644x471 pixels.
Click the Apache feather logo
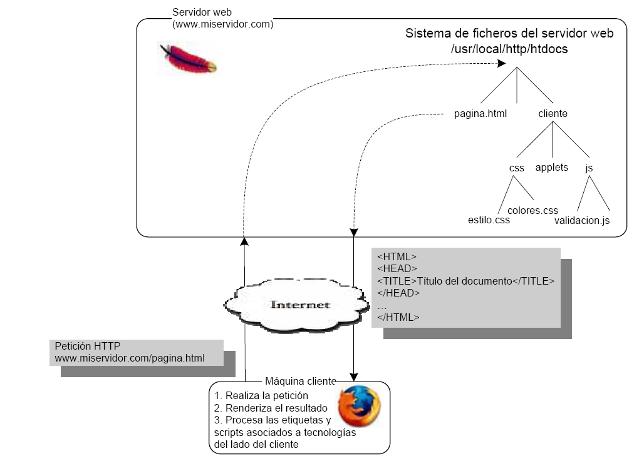click(x=188, y=58)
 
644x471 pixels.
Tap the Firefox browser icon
click(x=359, y=406)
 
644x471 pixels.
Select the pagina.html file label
click(x=480, y=114)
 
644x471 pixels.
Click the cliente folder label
click(x=553, y=114)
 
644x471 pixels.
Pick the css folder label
click(x=516, y=168)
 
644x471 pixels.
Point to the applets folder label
click(x=551, y=167)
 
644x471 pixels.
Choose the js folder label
click(x=588, y=168)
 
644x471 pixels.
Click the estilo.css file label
click(x=489, y=220)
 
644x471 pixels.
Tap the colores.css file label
click(x=532, y=210)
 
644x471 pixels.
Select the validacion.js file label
click(x=581, y=220)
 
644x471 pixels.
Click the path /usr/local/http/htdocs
click(x=509, y=49)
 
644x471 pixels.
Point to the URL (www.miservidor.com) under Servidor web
click(x=222, y=24)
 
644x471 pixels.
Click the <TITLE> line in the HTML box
click(x=465, y=281)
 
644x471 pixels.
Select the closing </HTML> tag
click(x=398, y=317)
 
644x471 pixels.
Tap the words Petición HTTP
click(x=87, y=346)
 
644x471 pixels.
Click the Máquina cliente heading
click(x=300, y=381)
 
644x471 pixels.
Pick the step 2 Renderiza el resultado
click(x=271, y=408)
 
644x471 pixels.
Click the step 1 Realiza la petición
click(x=261, y=395)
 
